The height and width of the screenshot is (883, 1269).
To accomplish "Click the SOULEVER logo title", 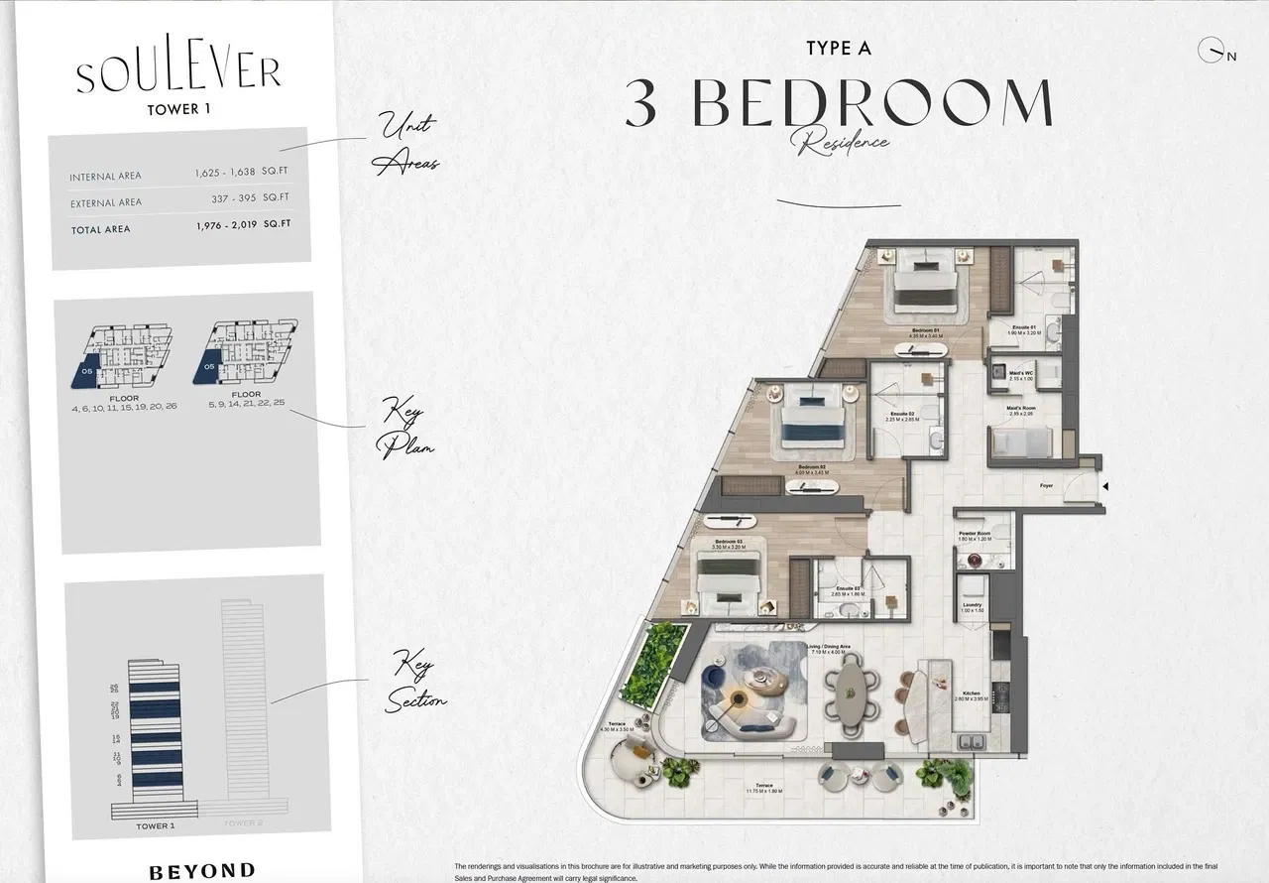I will tap(178, 73).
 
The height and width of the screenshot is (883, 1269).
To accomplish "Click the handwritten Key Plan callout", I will tap(405, 428).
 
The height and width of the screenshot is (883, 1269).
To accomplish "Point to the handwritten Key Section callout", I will tap(416, 680).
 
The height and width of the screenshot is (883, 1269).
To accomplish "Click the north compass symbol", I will tap(1211, 51).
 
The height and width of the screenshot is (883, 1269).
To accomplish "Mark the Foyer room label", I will tap(1046, 486).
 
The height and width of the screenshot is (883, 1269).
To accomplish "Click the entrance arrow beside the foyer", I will tap(1105, 486).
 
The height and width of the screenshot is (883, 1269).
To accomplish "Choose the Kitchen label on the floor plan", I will tap(973, 694).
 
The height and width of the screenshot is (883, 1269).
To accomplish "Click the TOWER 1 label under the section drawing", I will tap(155, 825).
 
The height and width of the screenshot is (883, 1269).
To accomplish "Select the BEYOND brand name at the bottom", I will tap(201, 871).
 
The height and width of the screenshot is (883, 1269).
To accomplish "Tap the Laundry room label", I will tap(972, 605).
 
